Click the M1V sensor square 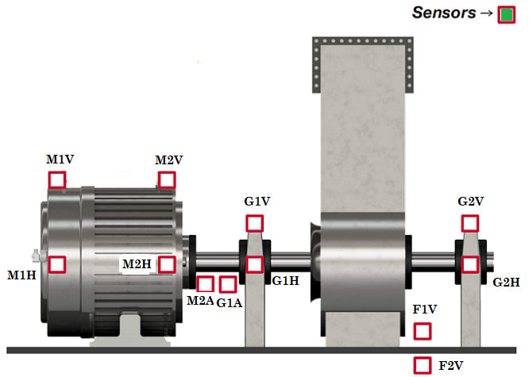(x=57, y=180)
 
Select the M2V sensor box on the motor (x=167, y=180)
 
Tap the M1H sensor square (x=57, y=265)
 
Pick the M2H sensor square (x=167, y=265)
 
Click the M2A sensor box (x=205, y=284)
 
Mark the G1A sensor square (x=228, y=284)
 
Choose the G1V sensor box (x=254, y=223)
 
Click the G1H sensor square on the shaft (x=254, y=265)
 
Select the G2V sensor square (x=470, y=223)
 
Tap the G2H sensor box (x=470, y=265)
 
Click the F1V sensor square (x=423, y=331)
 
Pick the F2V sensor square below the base (x=423, y=366)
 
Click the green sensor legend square (x=507, y=15)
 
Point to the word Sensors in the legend (x=444, y=13)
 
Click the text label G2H (x=506, y=283)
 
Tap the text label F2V (x=450, y=366)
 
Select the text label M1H (x=21, y=275)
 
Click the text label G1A (x=230, y=303)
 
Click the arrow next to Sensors (x=486, y=13)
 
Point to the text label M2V (x=168, y=160)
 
